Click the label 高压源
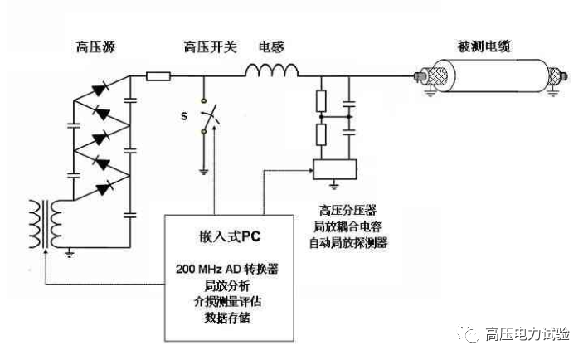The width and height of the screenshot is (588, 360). click(94, 48)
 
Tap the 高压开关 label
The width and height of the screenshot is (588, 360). click(207, 48)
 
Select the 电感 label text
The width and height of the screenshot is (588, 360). click(271, 48)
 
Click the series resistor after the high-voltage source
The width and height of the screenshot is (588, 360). click(158, 77)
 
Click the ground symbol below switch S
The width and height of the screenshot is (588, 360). click(204, 171)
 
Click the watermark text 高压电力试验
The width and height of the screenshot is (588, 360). click(527, 334)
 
